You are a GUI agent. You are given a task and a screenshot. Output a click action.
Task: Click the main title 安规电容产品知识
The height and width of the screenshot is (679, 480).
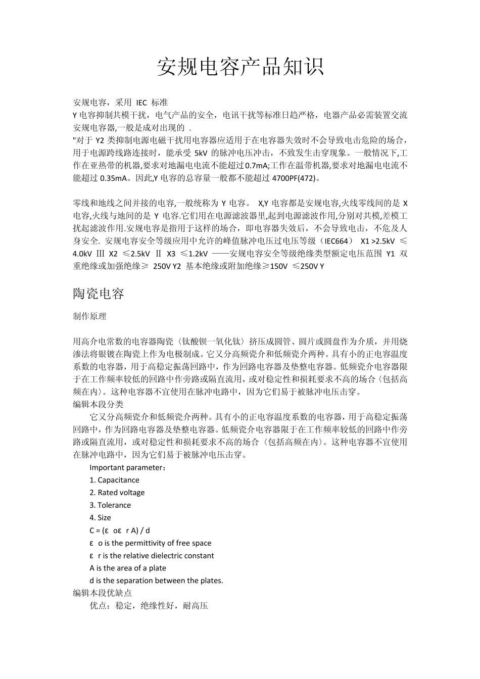coord(240,67)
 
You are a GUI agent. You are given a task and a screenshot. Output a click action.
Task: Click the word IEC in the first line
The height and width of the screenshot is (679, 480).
coord(141,102)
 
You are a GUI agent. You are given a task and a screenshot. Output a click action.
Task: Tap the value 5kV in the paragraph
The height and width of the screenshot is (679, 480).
coord(201,153)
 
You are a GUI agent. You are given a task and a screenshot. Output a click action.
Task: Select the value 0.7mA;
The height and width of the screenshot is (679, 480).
coord(257,165)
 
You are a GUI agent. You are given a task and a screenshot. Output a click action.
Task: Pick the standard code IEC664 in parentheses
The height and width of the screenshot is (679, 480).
coord(334,241)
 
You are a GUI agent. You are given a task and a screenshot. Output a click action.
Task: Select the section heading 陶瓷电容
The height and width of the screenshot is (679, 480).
coord(99,294)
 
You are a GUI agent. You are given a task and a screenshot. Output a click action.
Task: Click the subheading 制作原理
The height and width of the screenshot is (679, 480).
coord(90,316)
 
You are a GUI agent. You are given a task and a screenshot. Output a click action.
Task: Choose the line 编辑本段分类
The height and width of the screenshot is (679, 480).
coord(98,404)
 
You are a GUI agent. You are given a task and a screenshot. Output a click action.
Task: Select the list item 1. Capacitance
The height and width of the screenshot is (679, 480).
coord(114,480)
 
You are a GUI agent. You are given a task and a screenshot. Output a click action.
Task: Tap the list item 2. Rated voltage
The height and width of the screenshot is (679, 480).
coord(117,493)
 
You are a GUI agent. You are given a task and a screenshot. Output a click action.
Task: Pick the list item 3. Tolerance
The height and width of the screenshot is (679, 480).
coord(110,505)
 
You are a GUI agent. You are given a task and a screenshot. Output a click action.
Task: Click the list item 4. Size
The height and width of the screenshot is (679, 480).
coord(100,518)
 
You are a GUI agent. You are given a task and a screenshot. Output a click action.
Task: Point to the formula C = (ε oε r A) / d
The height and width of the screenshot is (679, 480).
coord(120,530)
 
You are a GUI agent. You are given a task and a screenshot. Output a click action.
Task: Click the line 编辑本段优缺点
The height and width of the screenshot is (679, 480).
coord(103,593)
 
